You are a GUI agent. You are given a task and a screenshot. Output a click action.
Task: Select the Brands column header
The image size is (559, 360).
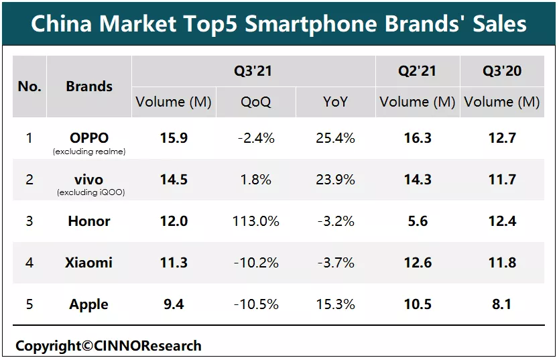(x=89, y=86)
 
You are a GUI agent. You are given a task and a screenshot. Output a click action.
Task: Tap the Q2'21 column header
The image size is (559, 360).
(x=418, y=71)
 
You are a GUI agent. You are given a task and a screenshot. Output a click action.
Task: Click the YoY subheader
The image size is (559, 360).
(x=334, y=102)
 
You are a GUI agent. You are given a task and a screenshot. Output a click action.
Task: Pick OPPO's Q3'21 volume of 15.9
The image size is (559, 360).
(x=174, y=138)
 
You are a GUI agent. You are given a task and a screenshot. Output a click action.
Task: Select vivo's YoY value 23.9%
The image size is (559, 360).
(x=334, y=180)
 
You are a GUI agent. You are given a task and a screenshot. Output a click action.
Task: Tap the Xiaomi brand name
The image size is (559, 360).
(x=88, y=263)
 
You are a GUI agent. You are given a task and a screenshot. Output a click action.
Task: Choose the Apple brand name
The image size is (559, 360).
(x=88, y=304)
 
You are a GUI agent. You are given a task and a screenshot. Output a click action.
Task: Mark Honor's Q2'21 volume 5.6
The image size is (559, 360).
(x=418, y=221)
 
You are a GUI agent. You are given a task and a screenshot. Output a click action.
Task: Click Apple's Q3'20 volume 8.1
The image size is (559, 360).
(x=502, y=304)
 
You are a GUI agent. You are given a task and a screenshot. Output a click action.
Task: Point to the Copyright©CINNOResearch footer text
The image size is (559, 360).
(x=109, y=346)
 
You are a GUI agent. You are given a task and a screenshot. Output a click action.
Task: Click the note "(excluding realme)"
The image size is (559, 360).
(x=89, y=152)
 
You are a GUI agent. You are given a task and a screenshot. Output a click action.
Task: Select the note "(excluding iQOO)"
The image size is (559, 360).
(x=89, y=193)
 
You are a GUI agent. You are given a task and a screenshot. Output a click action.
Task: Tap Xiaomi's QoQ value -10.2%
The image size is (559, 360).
(x=256, y=263)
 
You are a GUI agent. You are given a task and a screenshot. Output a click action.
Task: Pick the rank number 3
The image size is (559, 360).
(x=29, y=221)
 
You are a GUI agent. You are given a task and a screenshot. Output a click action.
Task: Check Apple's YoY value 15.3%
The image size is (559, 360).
(x=334, y=304)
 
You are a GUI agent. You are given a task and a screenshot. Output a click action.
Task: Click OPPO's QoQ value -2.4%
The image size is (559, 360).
(x=256, y=138)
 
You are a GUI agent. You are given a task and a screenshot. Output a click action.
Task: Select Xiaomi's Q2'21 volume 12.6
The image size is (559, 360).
(x=418, y=263)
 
